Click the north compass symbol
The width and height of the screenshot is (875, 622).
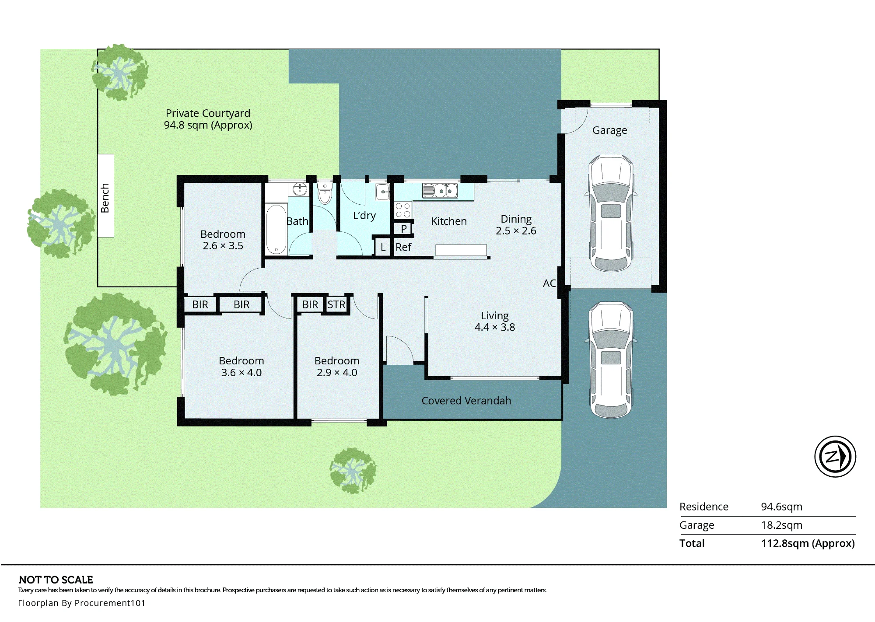tap(835, 456)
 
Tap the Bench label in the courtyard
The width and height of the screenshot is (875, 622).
tap(105, 198)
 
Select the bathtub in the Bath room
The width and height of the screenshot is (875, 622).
tap(276, 229)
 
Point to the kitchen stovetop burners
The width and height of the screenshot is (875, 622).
tap(403, 210)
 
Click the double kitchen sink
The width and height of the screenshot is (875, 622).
tap(440, 191)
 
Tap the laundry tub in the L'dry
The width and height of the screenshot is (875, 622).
tap(383, 192)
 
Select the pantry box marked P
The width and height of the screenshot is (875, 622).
tap(403, 229)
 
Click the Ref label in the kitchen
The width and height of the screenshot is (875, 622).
tap(403, 247)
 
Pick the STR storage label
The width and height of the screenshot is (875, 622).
tap(336, 304)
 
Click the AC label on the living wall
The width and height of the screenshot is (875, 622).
tap(549, 283)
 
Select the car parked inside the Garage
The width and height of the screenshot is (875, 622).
tap(611, 213)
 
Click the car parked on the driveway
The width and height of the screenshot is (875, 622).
tap(611, 360)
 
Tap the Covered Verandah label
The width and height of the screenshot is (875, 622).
tap(466, 401)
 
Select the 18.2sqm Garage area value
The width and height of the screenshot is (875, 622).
tap(782, 525)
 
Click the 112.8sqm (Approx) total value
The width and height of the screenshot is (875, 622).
tap(808, 543)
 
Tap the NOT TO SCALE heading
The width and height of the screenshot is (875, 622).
tap(56, 580)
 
